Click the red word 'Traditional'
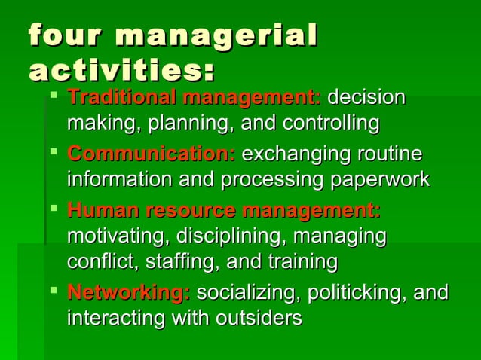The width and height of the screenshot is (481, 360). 121,98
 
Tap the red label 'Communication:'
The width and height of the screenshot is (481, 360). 151,154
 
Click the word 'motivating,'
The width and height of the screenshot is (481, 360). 118,236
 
